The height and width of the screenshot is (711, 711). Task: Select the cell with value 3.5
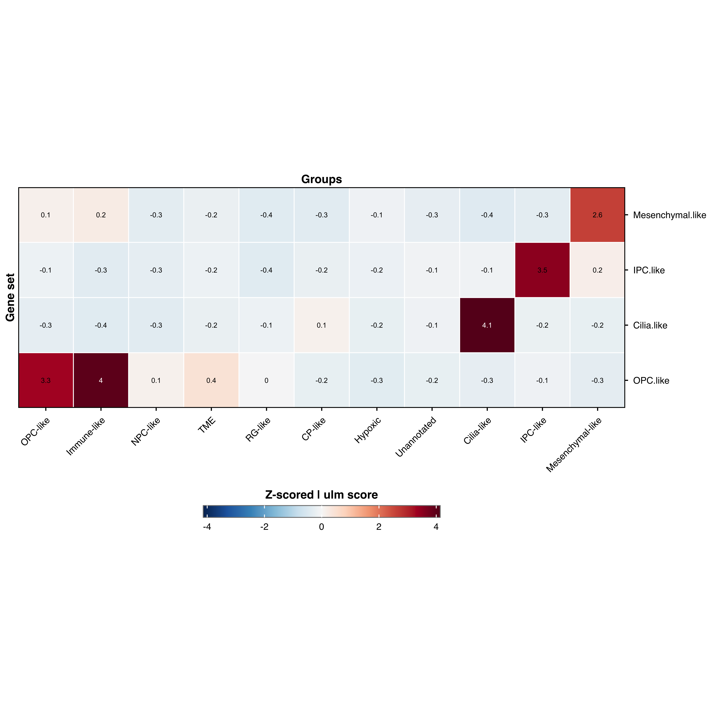[542, 270]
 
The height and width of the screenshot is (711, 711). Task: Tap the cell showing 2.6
[597, 215]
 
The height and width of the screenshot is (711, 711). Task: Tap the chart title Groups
[321, 179]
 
